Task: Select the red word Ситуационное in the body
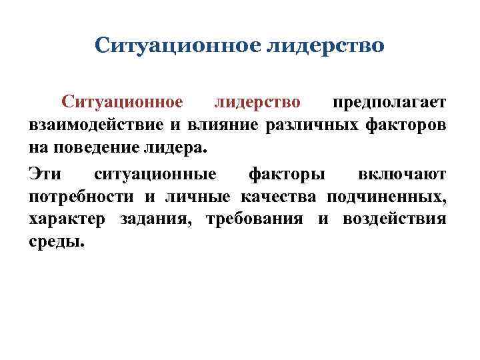tap(122, 102)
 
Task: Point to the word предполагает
tap(390, 102)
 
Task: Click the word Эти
tap(45, 175)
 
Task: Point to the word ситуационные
tap(155, 175)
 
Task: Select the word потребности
tap(80, 197)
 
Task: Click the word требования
tap(255, 220)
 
